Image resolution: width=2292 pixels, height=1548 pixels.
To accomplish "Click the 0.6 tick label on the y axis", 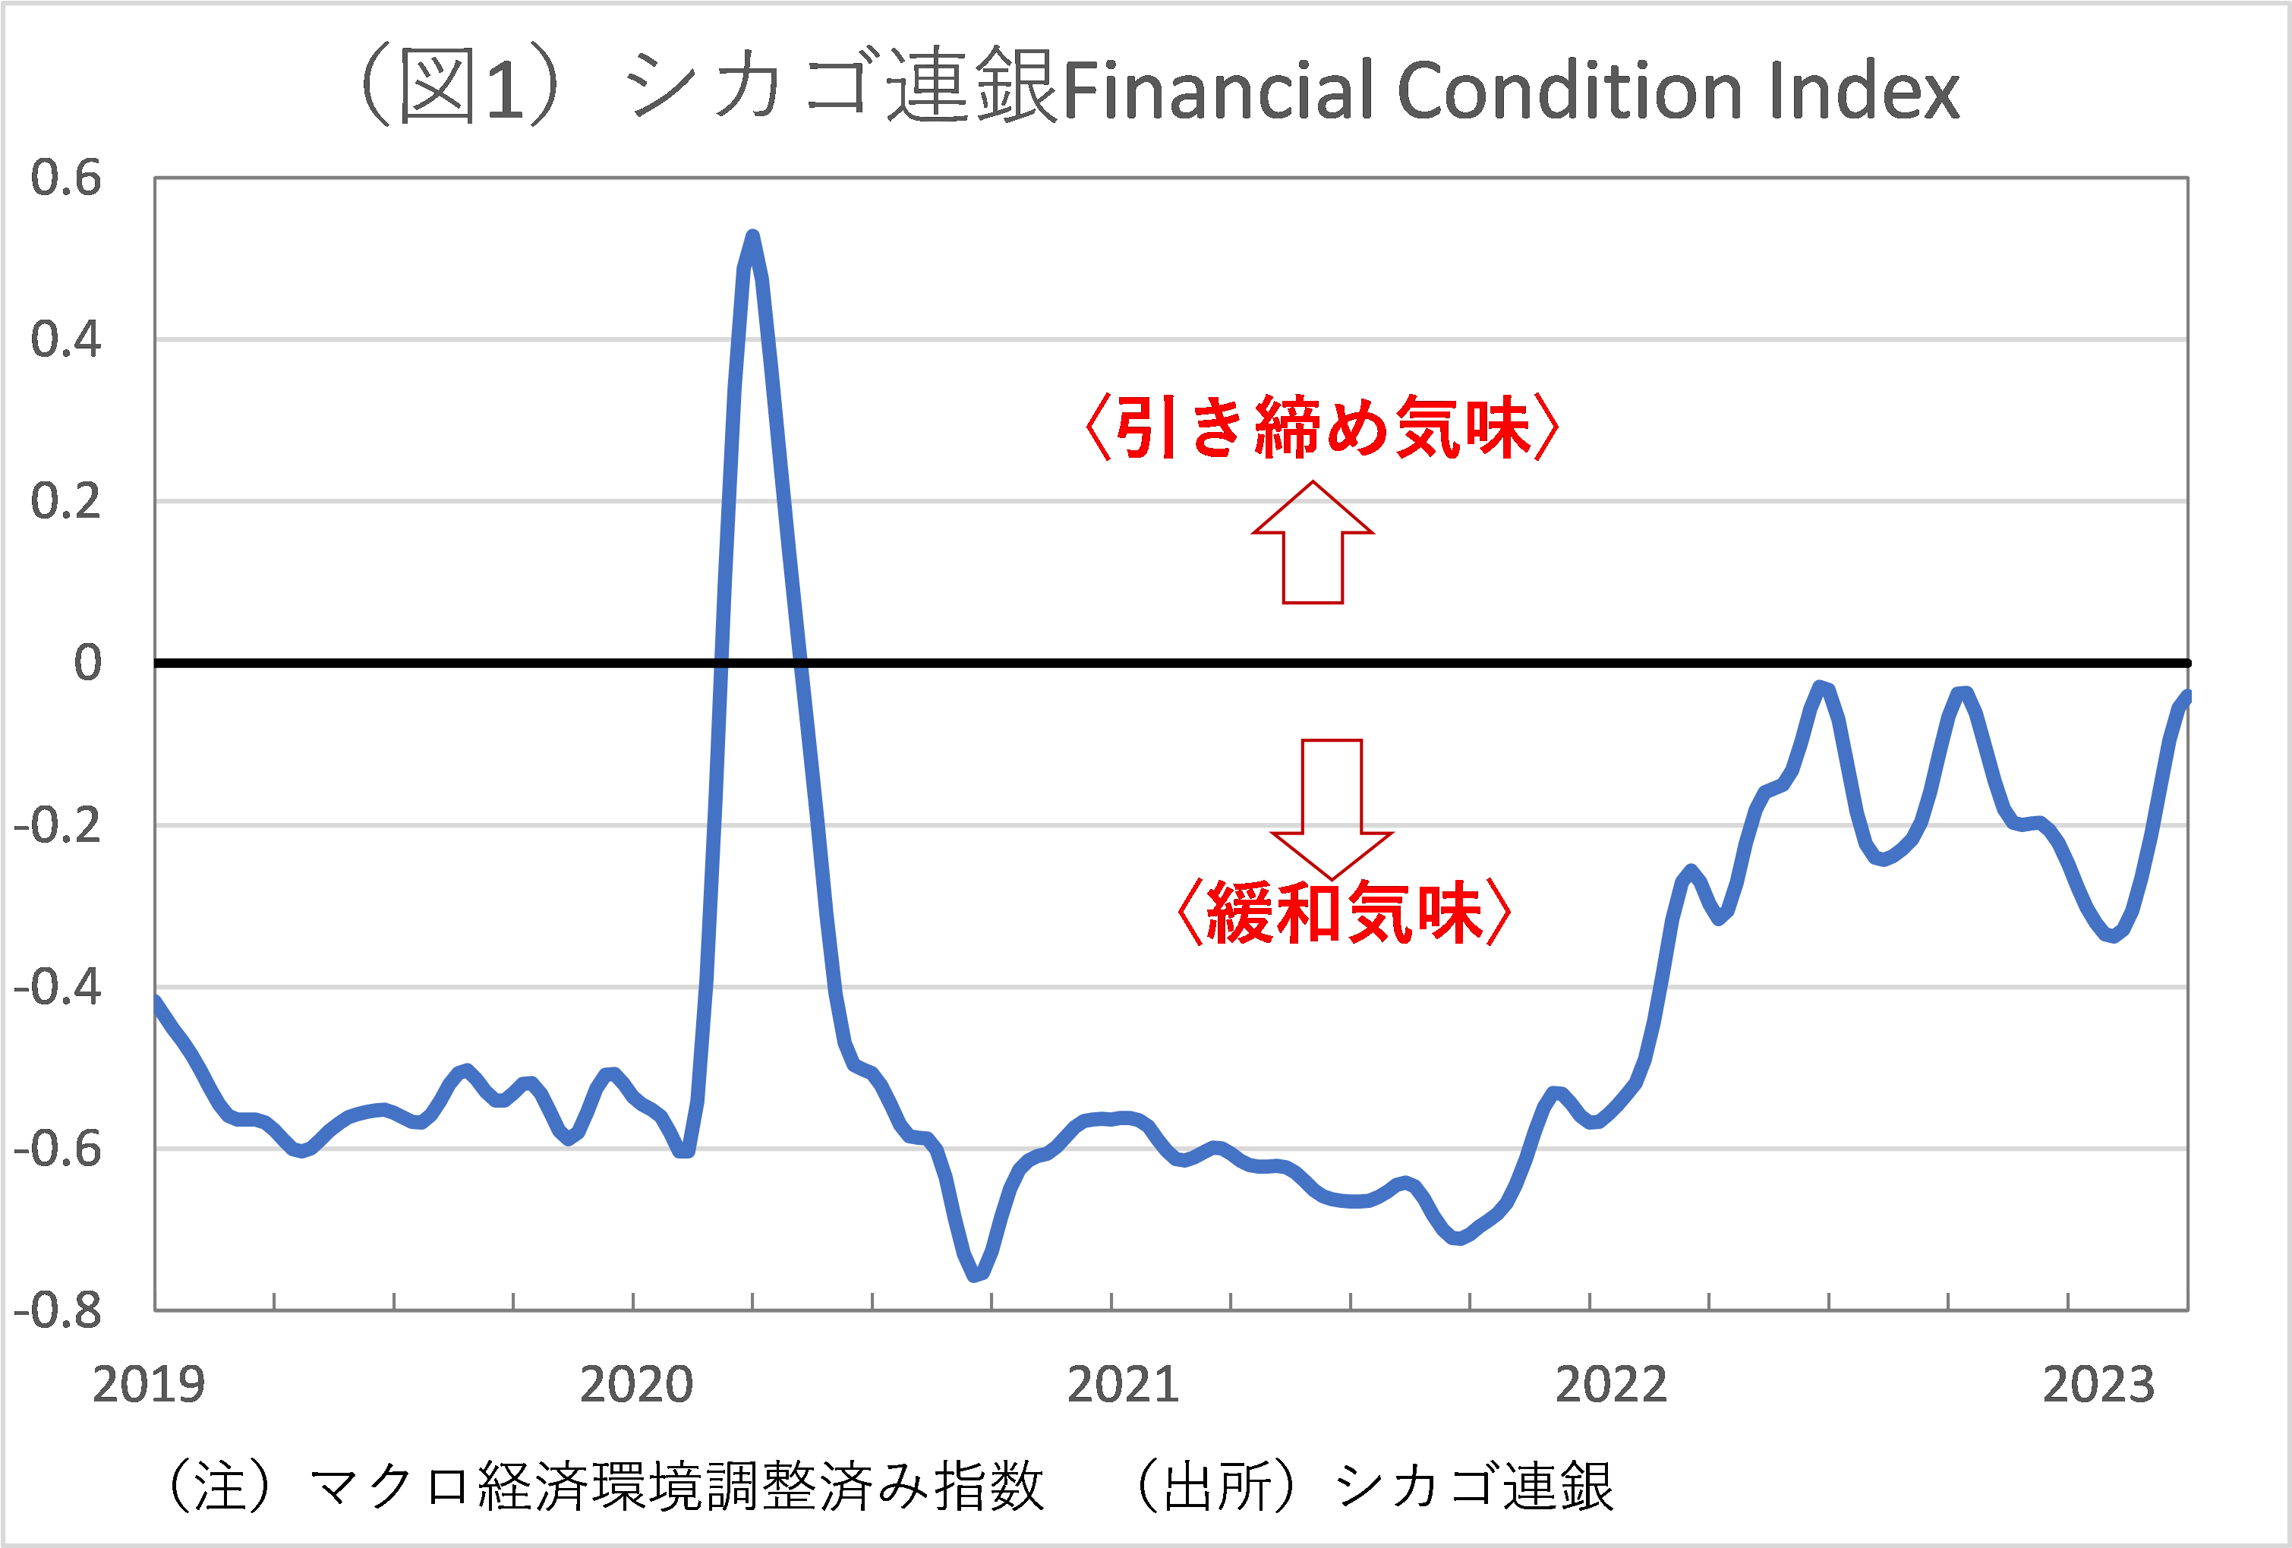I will [66, 178].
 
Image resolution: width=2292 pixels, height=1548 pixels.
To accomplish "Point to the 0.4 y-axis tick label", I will [66, 340].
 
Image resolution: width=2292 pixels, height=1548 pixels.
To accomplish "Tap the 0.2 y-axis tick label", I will [66, 502].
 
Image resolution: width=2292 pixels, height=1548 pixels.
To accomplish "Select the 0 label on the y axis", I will [88, 663].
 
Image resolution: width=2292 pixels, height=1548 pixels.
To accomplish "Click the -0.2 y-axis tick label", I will [57, 825].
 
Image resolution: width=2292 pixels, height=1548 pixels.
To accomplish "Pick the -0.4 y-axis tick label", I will [57, 987].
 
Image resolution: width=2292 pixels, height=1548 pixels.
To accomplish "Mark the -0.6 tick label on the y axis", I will [57, 1149].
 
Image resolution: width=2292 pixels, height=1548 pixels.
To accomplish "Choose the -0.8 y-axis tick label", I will [57, 1310].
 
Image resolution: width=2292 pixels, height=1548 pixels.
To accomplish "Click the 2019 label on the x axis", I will [148, 1386].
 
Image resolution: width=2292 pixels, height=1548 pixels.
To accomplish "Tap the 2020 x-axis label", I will [636, 1386].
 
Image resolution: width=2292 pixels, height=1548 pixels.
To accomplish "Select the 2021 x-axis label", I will [1124, 1386].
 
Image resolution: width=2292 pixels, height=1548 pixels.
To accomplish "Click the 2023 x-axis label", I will [2098, 1386].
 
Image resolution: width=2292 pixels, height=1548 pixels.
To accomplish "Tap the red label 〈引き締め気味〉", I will [1322, 428].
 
